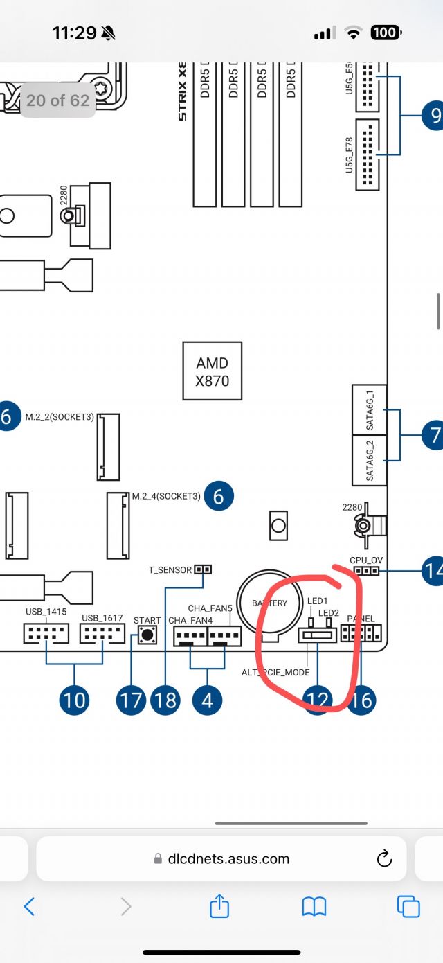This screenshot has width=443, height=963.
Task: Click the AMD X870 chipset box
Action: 212,371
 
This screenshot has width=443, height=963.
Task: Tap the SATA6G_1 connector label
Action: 369,409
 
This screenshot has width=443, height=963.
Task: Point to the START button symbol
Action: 146,633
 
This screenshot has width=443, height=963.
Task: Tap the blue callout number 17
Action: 129,700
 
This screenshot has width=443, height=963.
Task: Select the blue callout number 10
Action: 74,700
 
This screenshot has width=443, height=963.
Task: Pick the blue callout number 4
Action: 207,700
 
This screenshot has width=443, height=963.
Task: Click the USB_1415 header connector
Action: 46,633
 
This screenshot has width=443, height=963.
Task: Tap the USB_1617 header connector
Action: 102,633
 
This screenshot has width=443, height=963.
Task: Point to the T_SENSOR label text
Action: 170,570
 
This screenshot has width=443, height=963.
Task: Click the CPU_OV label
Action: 366,560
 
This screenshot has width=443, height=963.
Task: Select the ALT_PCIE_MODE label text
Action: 275,672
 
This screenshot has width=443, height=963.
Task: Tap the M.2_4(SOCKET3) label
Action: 166,496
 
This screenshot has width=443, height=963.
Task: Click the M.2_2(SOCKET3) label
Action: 60,416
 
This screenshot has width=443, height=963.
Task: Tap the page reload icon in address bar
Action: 384,859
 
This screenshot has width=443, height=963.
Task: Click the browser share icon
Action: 219,906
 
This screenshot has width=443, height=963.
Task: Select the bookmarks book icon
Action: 314,906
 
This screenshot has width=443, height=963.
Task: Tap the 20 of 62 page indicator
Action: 58,100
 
